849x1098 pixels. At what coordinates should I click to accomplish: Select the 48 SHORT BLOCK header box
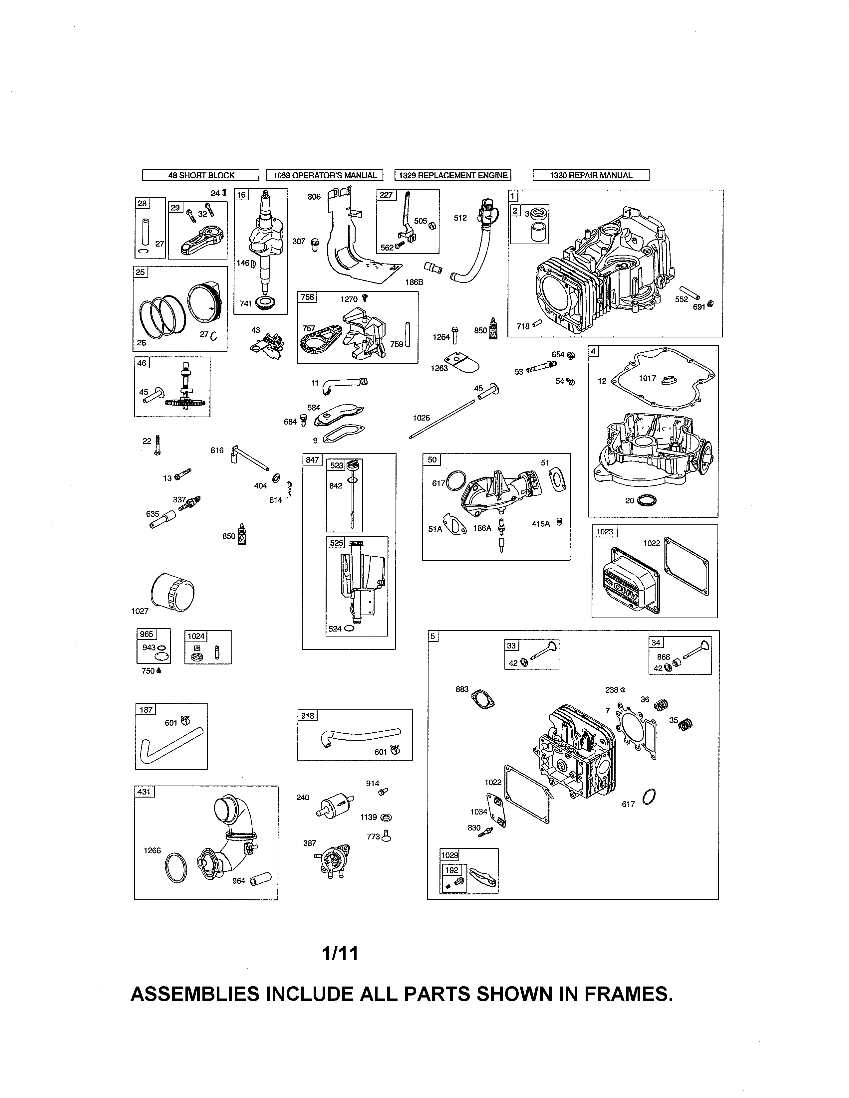pos(201,175)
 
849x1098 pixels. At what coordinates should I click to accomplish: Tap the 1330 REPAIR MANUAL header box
pos(591,175)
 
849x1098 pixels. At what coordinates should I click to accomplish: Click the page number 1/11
pos(341,953)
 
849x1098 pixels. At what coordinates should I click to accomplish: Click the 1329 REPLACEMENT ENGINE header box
pos(453,175)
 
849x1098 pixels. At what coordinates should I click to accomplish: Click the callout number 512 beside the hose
pos(460,218)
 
